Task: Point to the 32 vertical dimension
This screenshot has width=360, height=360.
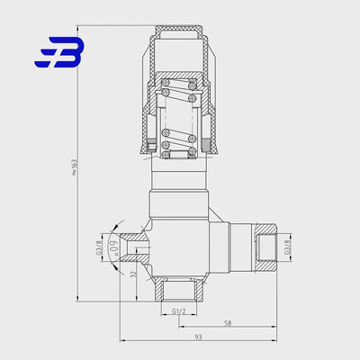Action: click(134, 275)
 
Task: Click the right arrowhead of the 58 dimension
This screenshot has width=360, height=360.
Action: click(266, 326)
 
